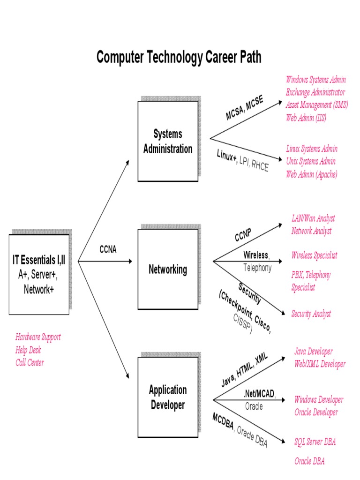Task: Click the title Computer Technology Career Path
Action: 179,57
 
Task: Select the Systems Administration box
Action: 167,141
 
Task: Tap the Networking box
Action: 167,269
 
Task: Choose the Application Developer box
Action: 167,397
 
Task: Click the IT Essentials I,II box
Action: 39,274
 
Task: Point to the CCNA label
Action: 108,249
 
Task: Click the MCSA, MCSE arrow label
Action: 244,108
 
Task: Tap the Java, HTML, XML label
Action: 244,370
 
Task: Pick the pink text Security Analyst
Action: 311,314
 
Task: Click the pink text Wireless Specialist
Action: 314,255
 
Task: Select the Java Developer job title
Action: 313,351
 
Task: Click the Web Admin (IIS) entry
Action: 306,118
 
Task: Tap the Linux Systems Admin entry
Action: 312,149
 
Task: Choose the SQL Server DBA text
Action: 315,442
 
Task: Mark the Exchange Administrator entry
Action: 315,92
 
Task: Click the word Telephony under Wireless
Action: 257,268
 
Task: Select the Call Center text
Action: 30,362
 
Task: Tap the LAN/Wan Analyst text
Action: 313,218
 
